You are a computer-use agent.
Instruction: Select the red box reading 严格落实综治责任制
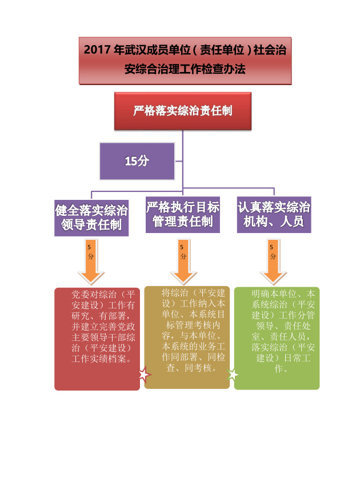[182, 111]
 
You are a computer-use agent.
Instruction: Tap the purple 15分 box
[137, 161]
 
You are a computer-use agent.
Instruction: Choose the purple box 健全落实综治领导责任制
[91, 216]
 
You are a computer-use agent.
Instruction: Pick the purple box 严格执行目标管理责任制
[183, 214]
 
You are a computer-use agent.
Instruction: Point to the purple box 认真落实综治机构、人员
[274, 214]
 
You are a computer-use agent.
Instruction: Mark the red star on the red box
[143, 375]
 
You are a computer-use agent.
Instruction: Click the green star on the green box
[233, 375]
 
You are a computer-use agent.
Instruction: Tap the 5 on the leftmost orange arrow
[89, 247]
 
